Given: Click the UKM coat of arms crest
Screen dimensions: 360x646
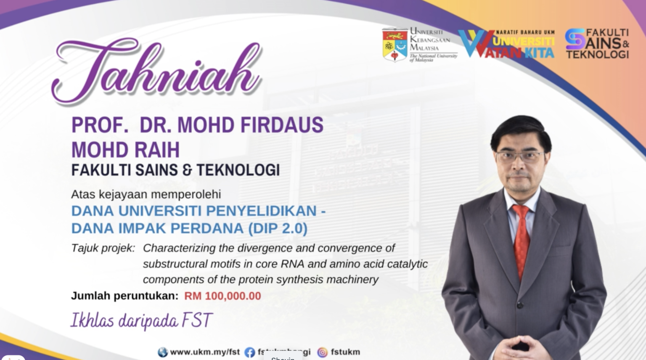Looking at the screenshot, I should pyautogui.click(x=394, y=45).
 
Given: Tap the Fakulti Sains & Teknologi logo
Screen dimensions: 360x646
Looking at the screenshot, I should pyautogui.click(x=597, y=43).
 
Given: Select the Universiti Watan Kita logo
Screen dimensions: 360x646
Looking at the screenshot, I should pyautogui.click(x=506, y=44).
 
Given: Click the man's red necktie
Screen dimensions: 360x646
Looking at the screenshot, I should pyautogui.click(x=522, y=240).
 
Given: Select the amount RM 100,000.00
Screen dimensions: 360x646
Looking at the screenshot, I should pyautogui.click(x=222, y=296).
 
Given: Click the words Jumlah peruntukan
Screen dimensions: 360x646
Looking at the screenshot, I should pyautogui.click(x=124, y=296).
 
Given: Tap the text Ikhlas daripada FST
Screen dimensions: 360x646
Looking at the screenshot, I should pyautogui.click(x=141, y=320).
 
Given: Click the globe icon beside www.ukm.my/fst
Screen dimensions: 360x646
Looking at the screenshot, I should pyautogui.click(x=163, y=352).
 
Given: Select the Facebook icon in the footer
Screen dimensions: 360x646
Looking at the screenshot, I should pyautogui.click(x=250, y=352).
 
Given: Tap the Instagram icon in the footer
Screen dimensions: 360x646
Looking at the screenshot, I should pyautogui.click(x=323, y=352).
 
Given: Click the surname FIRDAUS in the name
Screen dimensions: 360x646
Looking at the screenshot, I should pyautogui.click(x=282, y=125).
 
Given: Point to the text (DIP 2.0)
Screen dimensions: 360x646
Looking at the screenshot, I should pyautogui.click(x=278, y=228).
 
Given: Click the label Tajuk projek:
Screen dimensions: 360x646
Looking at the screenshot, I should pyautogui.click(x=103, y=248).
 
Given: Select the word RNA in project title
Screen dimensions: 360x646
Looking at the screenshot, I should pyautogui.click(x=292, y=264).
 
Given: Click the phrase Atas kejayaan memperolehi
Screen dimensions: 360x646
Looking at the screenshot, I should pyautogui.click(x=146, y=194).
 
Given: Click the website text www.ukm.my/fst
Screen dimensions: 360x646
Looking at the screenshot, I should pyautogui.click(x=205, y=352).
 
